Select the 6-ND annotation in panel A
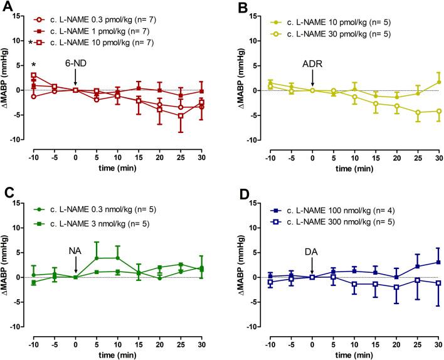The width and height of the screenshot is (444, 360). [75, 63]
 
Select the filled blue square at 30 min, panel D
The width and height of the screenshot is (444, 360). [437, 262]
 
